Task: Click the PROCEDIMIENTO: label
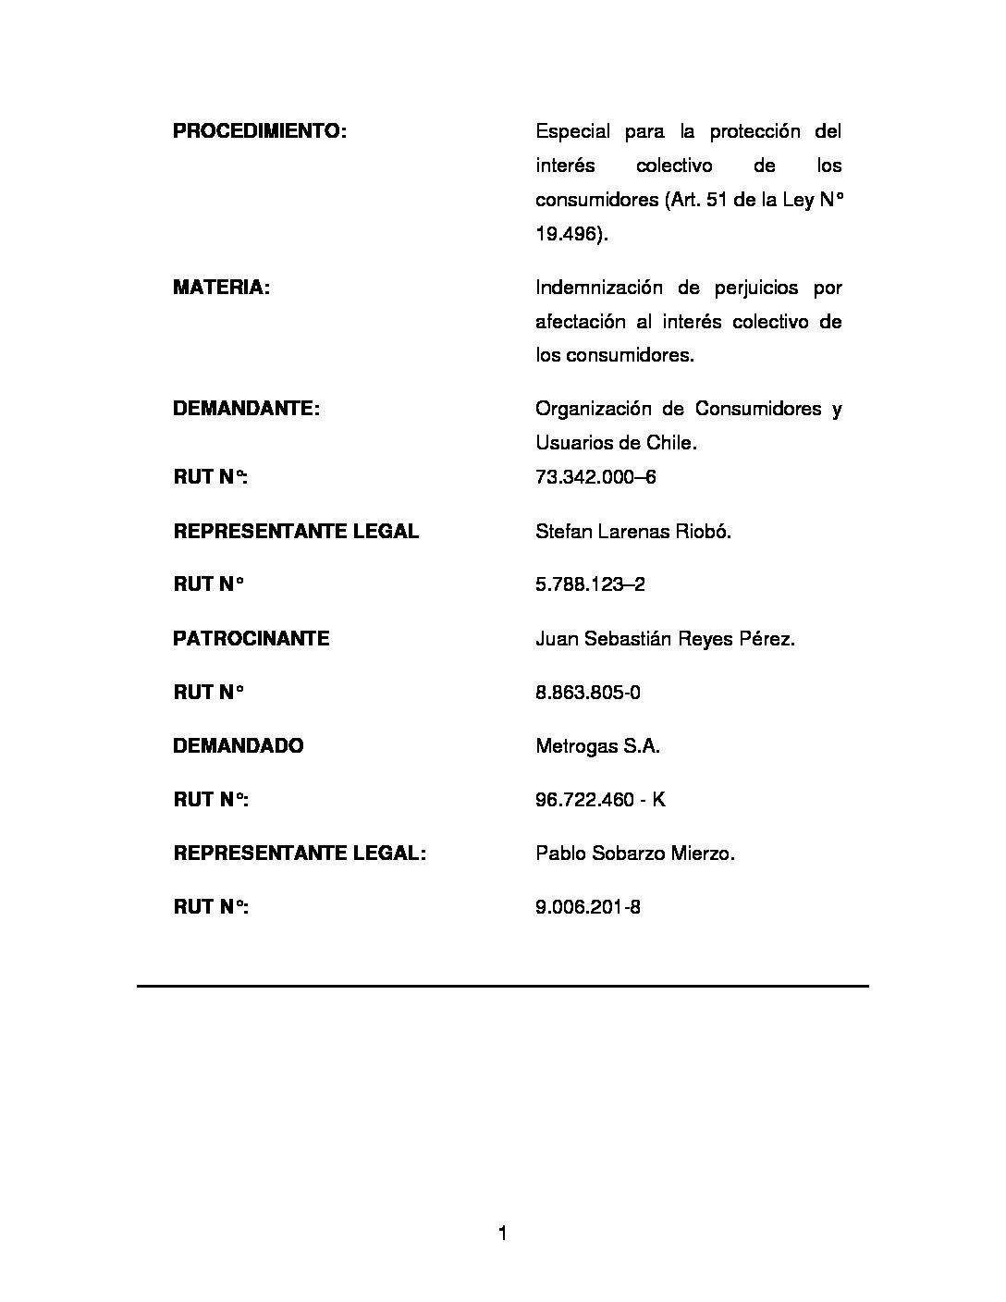coord(259,131)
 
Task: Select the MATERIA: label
coord(221,288)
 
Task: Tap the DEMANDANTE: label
coord(246,409)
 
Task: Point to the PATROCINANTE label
coord(251,639)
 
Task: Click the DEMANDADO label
coord(238,746)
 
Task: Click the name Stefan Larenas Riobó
coord(633,532)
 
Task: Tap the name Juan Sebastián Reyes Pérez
coord(665,639)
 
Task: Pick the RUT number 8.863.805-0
coord(587,693)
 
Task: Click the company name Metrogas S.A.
coord(597,746)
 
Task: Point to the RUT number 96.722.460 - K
coord(600,800)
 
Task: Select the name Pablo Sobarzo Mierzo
coord(635,854)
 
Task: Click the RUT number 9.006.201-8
coord(588,907)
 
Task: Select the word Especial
coord(572,131)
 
